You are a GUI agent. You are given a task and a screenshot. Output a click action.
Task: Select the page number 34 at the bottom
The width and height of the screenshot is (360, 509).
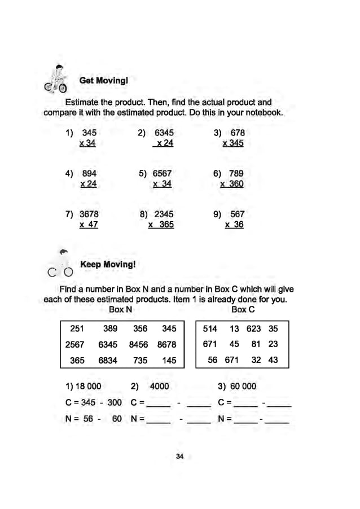(x=180, y=457)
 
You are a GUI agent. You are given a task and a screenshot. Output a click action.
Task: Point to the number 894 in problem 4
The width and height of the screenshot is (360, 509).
(x=89, y=174)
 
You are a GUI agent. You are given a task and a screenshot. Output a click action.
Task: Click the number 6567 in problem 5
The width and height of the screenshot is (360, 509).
(x=162, y=174)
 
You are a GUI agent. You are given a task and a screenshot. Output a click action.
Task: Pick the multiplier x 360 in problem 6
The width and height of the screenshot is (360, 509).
(x=232, y=184)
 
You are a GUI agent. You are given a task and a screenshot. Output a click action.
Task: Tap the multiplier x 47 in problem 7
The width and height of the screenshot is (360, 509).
(x=89, y=225)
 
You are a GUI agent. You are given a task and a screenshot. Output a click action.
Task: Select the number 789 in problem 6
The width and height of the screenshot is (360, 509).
(x=236, y=174)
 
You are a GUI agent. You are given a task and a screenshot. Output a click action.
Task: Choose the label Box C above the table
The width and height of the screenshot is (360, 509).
(x=243, y=310)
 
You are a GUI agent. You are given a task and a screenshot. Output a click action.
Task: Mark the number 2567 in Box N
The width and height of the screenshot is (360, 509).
(x=75, y=344)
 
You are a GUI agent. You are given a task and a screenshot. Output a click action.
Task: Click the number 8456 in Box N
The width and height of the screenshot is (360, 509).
(x=139, y=344)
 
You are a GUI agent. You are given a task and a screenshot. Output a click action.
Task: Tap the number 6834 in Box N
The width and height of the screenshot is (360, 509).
(x=108, y=360)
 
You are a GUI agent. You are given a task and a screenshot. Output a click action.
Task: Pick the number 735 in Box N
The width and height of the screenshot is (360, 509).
(x=140, y=360)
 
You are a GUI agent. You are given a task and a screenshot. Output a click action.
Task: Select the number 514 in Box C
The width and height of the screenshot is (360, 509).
(x=210, y=328)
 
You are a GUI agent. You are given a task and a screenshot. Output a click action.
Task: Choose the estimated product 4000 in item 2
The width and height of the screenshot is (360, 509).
(x=159, y=387)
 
